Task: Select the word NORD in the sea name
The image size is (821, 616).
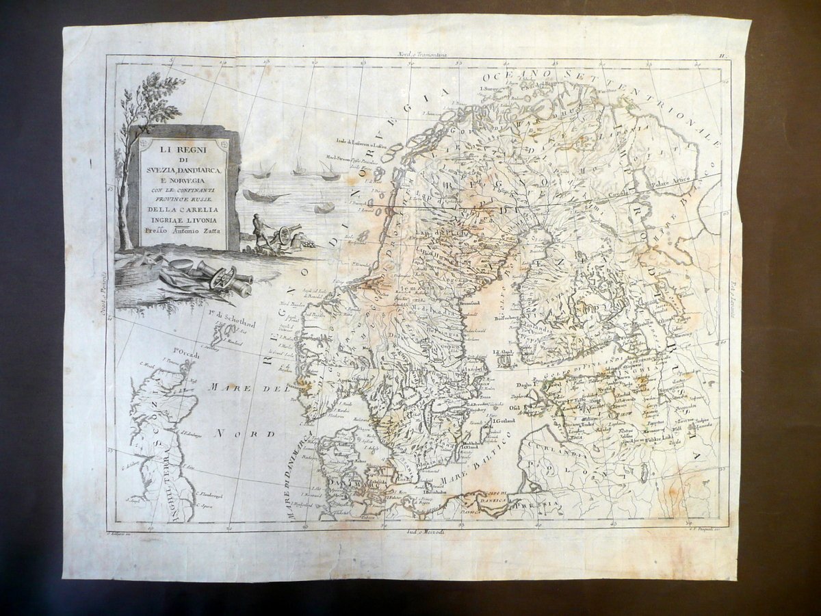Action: (243, 433)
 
